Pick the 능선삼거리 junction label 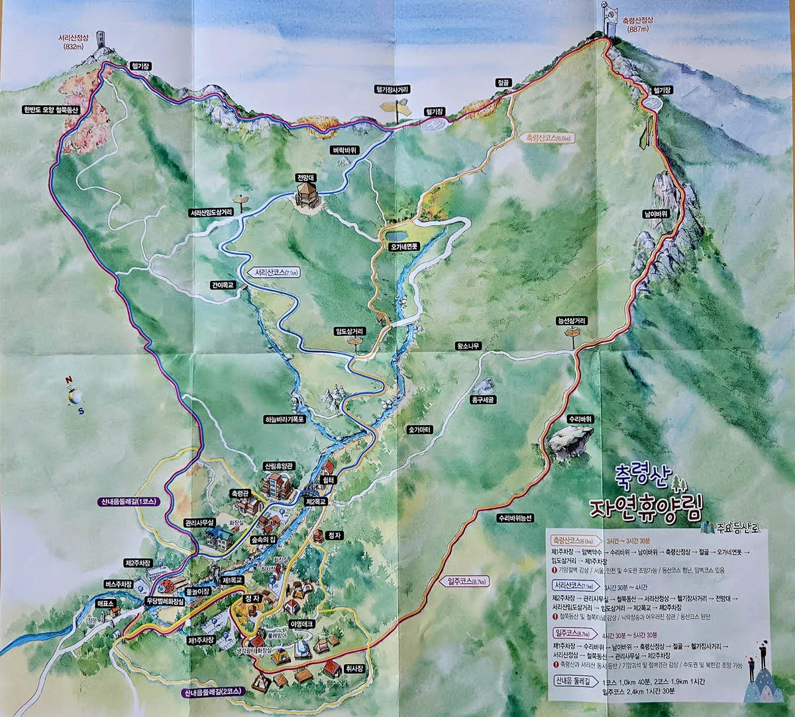click(571, 321)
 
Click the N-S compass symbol click(75, 396)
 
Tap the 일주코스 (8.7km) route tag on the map click(467, 581)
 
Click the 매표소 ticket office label click(105, 604)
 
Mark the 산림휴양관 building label click(278, 466)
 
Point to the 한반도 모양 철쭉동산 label click(50, 110)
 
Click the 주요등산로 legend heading click(735, 528)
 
